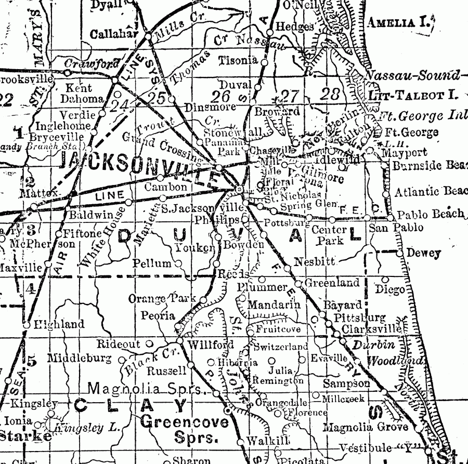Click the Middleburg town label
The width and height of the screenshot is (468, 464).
tap(79, 358)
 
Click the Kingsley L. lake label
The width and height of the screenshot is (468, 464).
tap(89, 429)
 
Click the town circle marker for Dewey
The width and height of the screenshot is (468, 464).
tap(400, 253)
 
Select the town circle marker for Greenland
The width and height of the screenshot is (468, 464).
tap(298, 283)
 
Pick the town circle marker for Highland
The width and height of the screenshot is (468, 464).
tap(26, 325)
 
